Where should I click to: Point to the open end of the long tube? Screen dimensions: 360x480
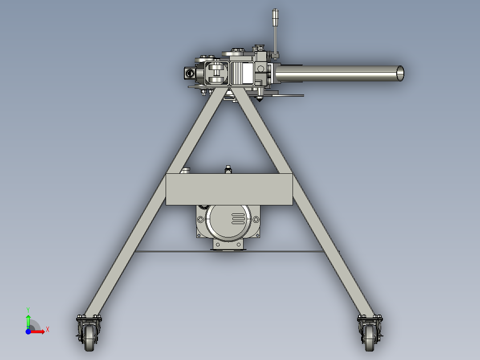(x=400, y=73)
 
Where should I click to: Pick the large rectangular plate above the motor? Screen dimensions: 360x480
(x=229, y=189)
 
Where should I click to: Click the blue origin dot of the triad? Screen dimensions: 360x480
(x=28, y=331)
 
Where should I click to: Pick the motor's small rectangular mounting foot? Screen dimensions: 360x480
(x=229, y=245)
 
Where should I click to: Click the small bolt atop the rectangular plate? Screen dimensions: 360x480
(x=228, y=169)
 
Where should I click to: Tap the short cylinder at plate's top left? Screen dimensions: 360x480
(x=186, y=171)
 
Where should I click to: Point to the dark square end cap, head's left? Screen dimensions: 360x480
(x=189, y=73)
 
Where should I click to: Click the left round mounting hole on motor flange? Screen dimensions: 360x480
(x=201, y=220)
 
